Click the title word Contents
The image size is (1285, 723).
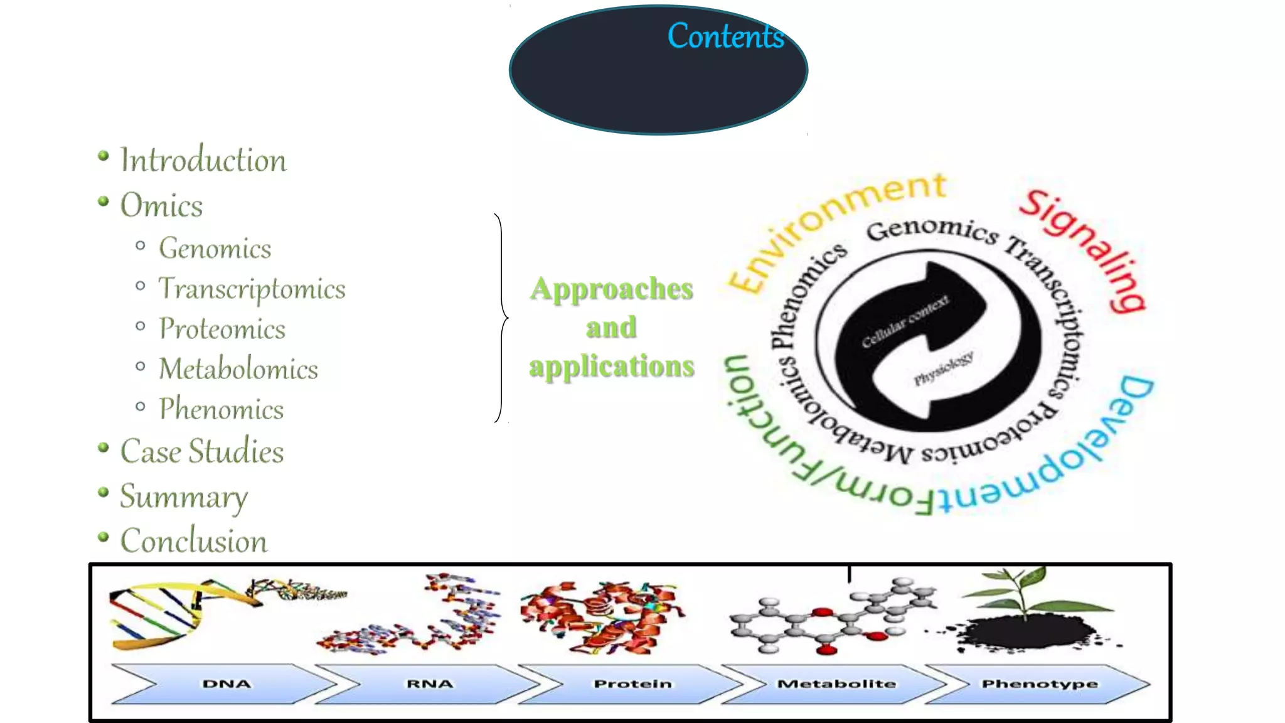[x=725, y=36]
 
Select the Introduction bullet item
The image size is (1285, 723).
[x=203, y=160]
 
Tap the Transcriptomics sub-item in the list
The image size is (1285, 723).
[x=252, y=289]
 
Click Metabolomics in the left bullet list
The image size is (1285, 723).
[x=238, y=369]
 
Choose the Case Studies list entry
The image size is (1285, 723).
[x=201, y=452]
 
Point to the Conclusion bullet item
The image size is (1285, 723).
[x=194, y=542]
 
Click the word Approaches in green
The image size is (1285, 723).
[x=611, y=289]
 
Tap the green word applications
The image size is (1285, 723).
[x=611, y=366]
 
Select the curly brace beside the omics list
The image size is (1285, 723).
[x=501, y=318]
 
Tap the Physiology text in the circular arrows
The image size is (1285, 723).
[x=943, y=369]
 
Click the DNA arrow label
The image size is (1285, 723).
[x=226, y=683]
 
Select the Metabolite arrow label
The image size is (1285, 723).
[x=836, y=683]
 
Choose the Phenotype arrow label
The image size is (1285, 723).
[x=1039, y=683]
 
